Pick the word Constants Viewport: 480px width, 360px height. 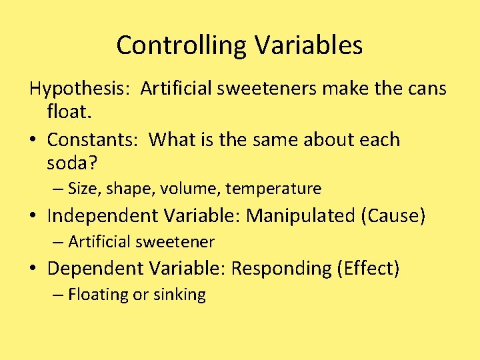pyautogui.click(x=93, y=139)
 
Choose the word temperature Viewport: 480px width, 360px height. pyautogui.click(x=273, y=189)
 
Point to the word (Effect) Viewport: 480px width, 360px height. pyautogui.click(x=369, y=268)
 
